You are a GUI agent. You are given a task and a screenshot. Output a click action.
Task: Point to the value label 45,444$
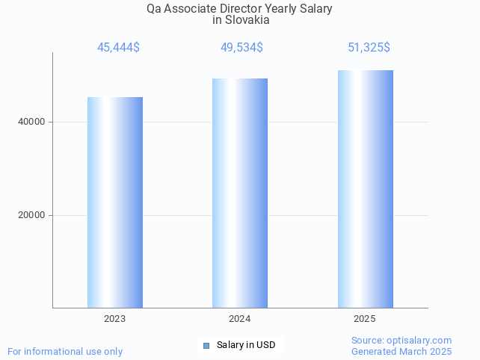coord(118,48)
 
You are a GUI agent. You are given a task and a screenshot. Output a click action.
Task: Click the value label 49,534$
coord(241,48)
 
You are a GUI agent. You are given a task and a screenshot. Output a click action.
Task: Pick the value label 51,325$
coord(369,48)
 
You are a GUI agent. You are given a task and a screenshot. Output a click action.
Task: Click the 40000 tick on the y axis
coord(31,122)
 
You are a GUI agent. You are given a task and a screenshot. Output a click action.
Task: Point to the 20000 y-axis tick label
coord(31,215)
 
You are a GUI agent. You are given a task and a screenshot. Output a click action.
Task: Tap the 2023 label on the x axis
coord(115,319)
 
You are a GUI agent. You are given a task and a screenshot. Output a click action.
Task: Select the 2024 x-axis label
coord(240,319)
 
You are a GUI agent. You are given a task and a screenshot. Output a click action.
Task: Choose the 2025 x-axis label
coord(365,319)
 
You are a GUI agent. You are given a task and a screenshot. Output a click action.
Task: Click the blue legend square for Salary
coord(206,345)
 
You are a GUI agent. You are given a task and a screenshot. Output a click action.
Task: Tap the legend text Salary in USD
coord(246,345)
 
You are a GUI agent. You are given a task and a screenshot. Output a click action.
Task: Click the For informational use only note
coord(65,351)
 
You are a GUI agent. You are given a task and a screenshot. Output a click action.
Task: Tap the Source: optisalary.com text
coord(401,340)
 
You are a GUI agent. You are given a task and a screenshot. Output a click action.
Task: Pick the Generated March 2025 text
coord(401,351)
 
